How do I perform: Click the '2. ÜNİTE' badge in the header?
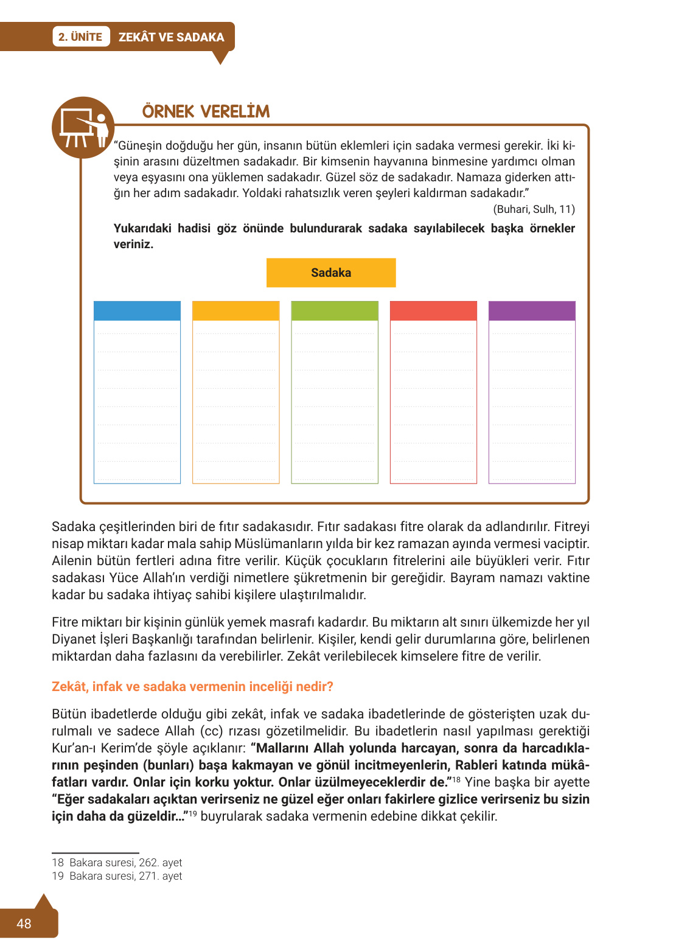click(x=80, y=37)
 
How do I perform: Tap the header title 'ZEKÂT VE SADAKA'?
click(x=171, y=37)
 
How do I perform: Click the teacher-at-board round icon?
click(x=83, y=128)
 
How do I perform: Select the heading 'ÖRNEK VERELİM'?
click(x=206, y=112)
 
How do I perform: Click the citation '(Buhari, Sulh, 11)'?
click(x=534, y=209)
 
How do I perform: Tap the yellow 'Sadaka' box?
click(x=331, y=273)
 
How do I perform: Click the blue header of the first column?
click(x=137, y=311)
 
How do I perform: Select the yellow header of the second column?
click(x=235, y=311)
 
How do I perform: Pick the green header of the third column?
click(x=335, y=311)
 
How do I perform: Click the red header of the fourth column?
click(x=433, y=311)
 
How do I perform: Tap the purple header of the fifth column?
click(x=532, y=311)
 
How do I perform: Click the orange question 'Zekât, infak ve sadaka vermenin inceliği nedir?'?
click(x=192, y=687)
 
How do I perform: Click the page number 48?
click(x=24, y=924)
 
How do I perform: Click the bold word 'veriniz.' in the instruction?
click(x=133, y=245)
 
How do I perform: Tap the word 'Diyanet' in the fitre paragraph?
click(x=74, y=639)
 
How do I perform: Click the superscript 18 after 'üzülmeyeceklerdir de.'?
click(x=456, y=779)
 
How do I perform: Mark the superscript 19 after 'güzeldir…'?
click(x=193, y=813)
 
